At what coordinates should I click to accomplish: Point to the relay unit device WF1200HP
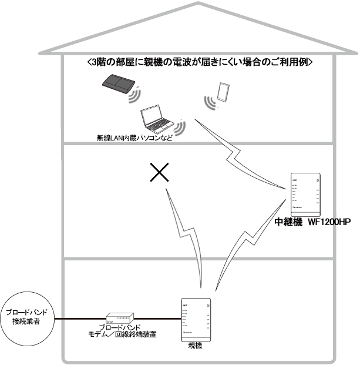(x=306, y=194)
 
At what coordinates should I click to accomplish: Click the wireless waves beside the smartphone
(x=210, y=103)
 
